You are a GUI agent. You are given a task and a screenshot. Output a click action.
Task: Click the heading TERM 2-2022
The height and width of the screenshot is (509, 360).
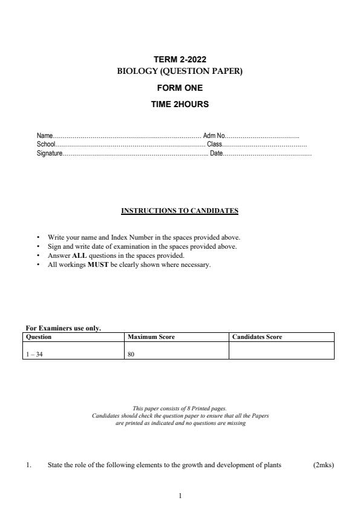(180, 59)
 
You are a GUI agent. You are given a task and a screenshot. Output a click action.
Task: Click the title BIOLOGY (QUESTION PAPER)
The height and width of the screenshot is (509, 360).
(180, 71)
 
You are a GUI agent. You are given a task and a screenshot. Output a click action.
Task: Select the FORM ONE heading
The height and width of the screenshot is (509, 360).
(180, 88)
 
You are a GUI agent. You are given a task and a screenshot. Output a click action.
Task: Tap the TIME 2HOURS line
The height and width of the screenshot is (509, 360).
(180, 104)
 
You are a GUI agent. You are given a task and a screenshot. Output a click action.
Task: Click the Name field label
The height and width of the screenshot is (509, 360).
(45, 136)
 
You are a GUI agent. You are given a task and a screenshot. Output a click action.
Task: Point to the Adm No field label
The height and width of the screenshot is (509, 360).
(214, 136)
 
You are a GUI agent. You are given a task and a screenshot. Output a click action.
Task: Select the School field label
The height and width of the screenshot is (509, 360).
(46, 145)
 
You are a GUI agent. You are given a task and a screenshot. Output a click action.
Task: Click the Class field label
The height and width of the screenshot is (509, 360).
(215, 145)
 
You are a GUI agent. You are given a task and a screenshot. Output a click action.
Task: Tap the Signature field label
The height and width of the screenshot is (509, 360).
(50, 154)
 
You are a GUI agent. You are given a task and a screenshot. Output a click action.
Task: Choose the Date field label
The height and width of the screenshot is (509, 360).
(217, 154)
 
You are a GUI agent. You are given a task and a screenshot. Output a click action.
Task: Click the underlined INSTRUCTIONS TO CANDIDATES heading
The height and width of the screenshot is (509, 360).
(180, 211)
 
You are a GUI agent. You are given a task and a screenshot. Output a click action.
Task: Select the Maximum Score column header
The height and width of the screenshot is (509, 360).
(151, 337)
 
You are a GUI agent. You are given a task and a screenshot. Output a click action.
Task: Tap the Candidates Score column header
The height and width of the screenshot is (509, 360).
(257, 337)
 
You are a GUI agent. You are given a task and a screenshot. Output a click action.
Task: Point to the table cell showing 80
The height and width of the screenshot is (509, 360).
(131, 355)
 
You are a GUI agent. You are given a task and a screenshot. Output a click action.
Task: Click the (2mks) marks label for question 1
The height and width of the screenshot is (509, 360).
(323, 465)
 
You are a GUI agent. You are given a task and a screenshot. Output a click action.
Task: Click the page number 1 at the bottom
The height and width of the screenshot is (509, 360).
(180, 496)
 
